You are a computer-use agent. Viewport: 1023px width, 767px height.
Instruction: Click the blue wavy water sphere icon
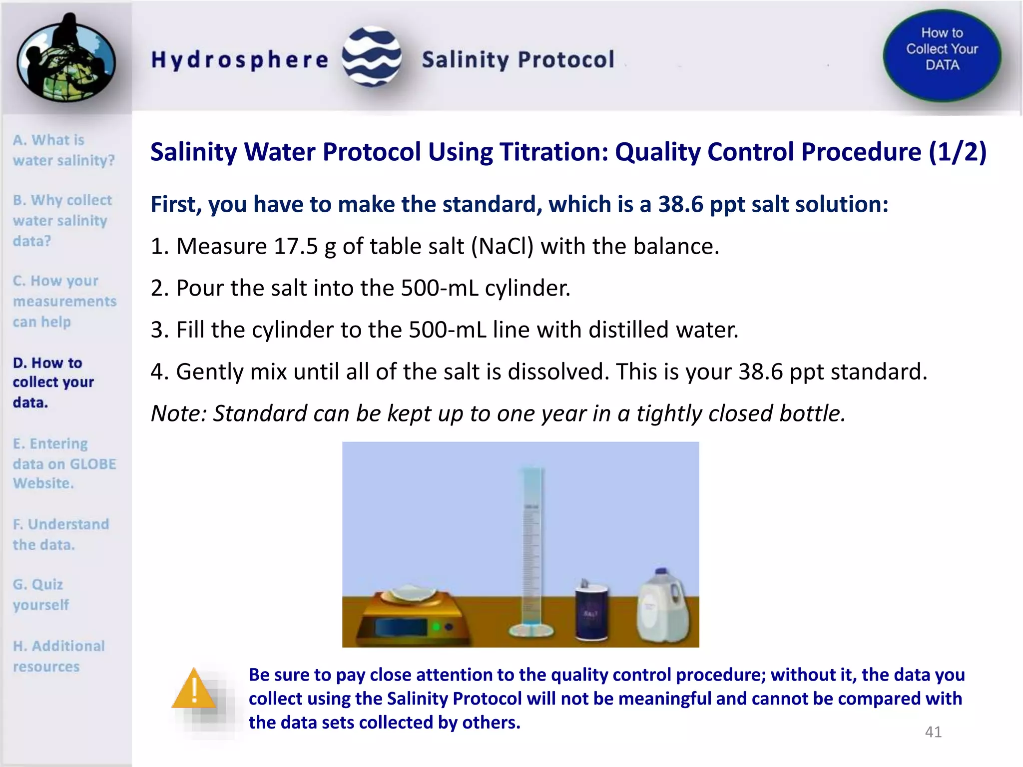coord(372,57)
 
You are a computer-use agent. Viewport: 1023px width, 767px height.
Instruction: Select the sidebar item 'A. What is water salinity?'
coord(63,150)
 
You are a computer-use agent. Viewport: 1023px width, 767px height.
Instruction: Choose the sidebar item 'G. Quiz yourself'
coord(41,594)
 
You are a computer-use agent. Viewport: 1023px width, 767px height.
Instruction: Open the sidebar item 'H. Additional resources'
coord(58,656)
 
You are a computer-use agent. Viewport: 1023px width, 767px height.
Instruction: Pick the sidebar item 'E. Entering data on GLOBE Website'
coord(64,463)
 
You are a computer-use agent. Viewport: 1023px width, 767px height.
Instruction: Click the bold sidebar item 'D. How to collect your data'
coord(53,382)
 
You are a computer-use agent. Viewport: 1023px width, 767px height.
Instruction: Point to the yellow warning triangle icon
coord(194,690)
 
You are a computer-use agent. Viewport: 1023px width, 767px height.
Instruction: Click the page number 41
coord(933,732)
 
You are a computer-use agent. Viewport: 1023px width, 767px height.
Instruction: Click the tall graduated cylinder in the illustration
coord(531,549)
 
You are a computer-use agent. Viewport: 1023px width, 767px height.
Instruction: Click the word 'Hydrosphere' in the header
coord(240,60)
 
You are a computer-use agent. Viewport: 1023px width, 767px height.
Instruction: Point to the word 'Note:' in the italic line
coord(179,413)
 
